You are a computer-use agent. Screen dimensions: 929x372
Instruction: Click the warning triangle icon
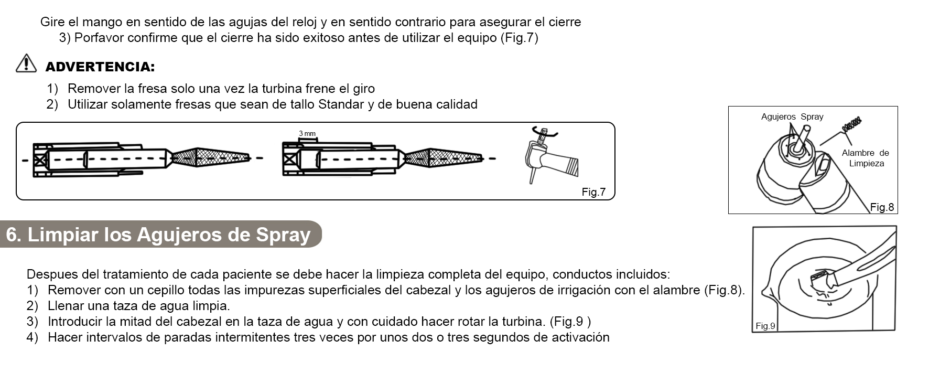pos(26,63)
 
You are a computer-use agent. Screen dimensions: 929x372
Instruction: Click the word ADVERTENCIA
pos(100,67)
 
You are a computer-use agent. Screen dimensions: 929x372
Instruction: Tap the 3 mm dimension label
pos(307,133)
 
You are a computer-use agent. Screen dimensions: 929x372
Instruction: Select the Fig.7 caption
pos(593,192)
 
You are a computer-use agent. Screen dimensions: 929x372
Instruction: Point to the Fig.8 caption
pos(882,207)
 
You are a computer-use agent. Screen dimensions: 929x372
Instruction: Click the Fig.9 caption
pos(765,326)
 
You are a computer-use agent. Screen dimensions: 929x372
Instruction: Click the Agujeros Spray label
pos(792,116)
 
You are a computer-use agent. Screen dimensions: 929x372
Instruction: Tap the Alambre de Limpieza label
pos(866,158)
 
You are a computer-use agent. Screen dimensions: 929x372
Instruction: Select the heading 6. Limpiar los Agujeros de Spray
pos(158,235)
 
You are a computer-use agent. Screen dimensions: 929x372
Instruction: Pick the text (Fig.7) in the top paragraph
pos(519,38)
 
